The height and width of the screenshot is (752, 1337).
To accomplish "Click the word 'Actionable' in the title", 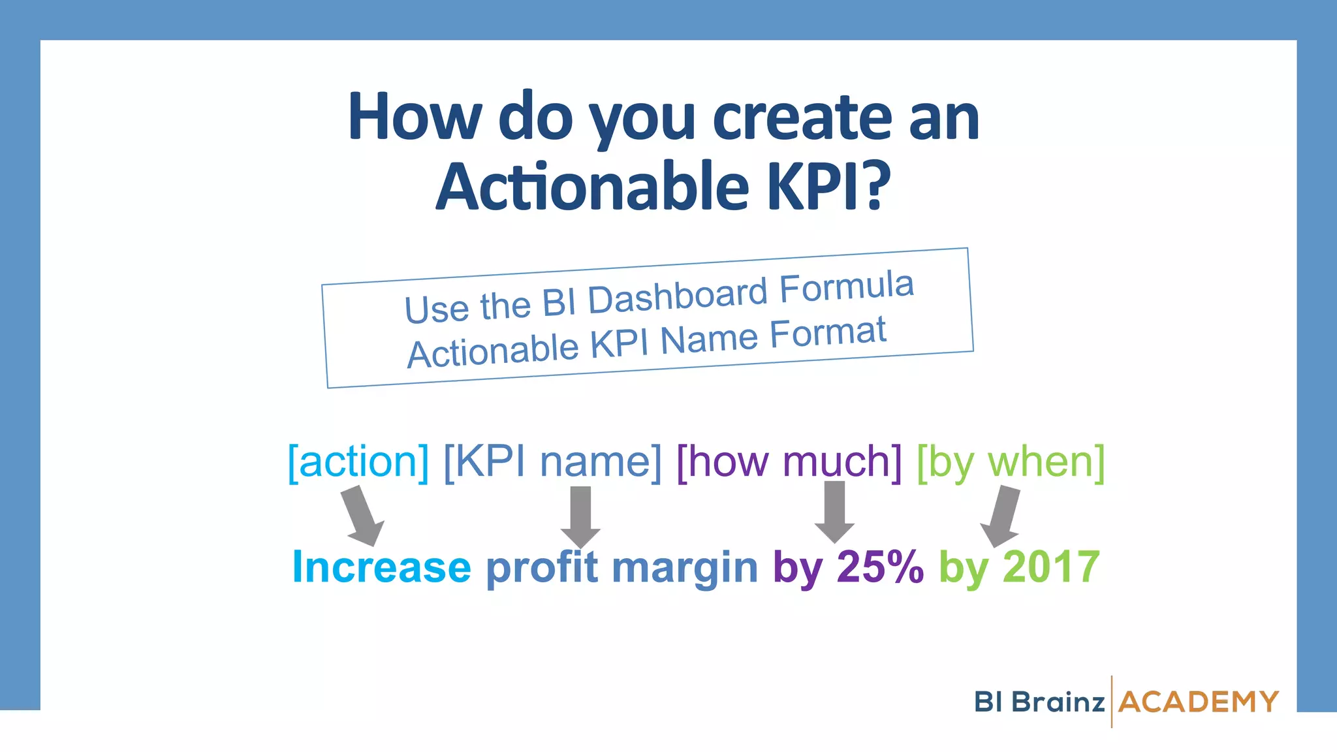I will click(x=592, y=187).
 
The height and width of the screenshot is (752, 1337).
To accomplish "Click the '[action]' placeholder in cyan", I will click(x=358, y=462).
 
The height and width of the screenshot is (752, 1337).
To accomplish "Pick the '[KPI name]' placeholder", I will click(x=552, y=462).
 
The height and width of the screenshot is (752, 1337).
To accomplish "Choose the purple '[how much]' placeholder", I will click(x=789, y=462).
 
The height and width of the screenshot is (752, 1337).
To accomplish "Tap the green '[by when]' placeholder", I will click(x=1011, y=462).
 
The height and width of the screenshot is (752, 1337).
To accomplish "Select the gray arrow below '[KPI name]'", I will click(x=580, y=516).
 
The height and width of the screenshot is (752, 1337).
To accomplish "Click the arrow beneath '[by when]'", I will click(x=1002, y=516).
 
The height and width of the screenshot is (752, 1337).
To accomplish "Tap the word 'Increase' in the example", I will click(x=381, y=567).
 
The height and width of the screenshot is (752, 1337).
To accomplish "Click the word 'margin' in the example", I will click(x=685, y=567).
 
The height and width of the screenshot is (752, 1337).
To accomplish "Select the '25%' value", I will click(x=880, y=567).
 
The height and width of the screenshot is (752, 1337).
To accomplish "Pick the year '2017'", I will click(x=1051, y=567).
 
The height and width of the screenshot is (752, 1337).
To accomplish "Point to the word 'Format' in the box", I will click(x=827, y=334).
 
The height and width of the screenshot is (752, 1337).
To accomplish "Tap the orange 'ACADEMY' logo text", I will click(x=1198, y=702).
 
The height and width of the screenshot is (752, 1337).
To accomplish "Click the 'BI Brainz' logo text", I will click(x=1039, y=702).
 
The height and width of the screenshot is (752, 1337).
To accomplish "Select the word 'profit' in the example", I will click(x=542, y=567).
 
